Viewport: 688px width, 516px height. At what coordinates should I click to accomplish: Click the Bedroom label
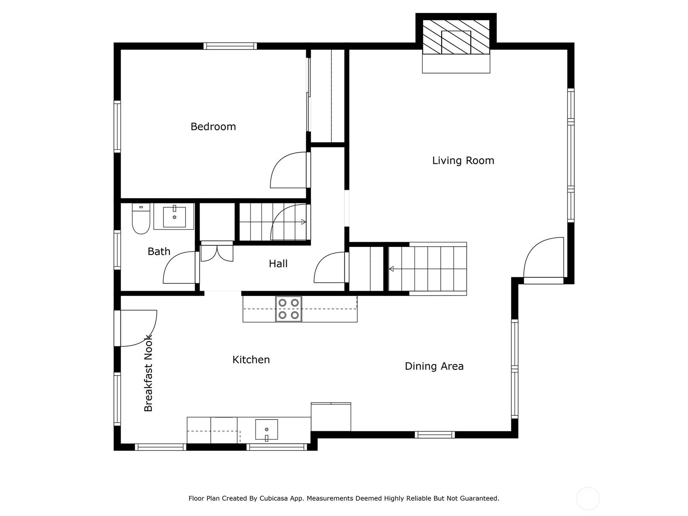(213, 126)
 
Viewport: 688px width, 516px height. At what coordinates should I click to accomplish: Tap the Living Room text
(463, 160)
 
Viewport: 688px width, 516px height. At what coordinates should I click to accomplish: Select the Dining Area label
(434, 366)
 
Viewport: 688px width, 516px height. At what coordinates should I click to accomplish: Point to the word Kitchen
(251, 359)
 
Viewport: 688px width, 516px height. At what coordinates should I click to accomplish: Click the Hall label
(278, 264)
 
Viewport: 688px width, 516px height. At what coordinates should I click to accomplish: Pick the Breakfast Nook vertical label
(148, 373)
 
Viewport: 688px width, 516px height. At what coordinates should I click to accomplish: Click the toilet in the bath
(141, 218)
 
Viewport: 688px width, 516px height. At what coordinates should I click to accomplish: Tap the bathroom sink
(174, 216)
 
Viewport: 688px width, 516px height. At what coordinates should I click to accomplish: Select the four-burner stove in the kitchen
(289, 309)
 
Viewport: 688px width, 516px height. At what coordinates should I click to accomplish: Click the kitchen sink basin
(267, 430)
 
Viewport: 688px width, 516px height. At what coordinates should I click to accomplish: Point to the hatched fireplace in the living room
(456, 37)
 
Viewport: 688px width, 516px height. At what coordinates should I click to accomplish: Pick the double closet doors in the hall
(217, 252)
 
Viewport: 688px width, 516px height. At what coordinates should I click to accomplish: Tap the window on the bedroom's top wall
(230, 46)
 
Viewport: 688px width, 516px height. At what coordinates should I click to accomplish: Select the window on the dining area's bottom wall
(435, 435)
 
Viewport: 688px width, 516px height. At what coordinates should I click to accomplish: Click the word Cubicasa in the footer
(273, 498)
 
